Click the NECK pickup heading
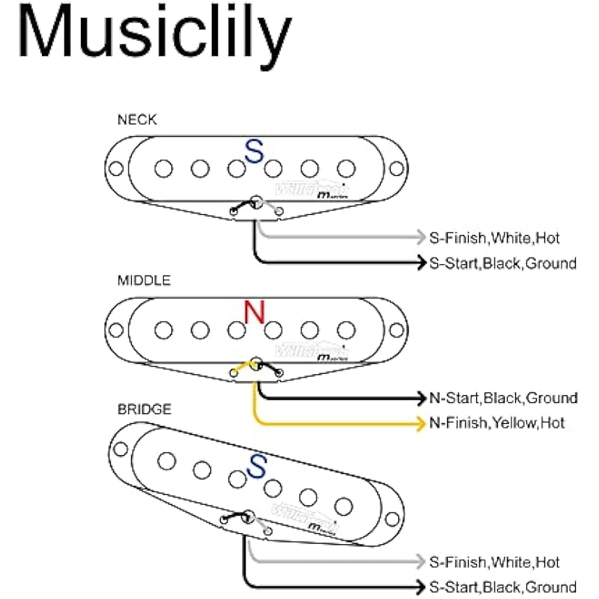coord(137,119)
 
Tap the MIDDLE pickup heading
coord(144,281)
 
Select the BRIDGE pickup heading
coord(145,410)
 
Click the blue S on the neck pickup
coord(255,153)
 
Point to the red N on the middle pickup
coord(255,312)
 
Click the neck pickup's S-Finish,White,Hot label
coord(494,238)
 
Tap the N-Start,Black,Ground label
coord(503,398)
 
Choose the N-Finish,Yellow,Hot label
coord(497,423)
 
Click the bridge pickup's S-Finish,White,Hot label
coord(494,562)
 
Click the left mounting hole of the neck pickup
coord(117,168)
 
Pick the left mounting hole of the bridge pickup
coord(120,449)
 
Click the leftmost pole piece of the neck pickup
coord(163,168)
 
